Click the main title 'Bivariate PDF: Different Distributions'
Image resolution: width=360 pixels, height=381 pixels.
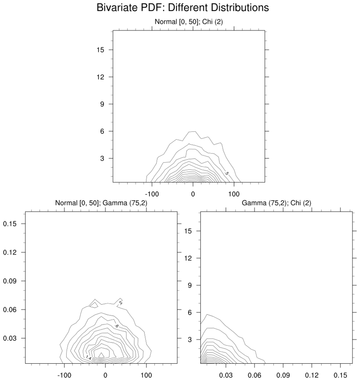183,7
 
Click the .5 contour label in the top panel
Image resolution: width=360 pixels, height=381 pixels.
226,173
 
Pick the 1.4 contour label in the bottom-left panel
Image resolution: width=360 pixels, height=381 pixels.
88,357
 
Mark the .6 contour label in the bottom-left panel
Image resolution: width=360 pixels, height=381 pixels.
117,326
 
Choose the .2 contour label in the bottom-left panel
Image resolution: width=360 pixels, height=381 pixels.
120,302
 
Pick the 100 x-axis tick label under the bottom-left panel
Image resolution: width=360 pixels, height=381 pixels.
146,375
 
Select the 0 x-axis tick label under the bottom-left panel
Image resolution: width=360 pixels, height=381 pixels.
105,375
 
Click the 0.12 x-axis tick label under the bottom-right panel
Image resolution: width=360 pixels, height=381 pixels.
312,375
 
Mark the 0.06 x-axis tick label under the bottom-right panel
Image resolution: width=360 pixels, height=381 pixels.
254,375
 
